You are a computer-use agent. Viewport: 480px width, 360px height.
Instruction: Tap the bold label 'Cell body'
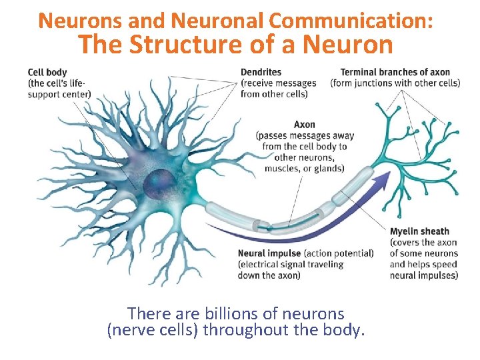click(47, 72)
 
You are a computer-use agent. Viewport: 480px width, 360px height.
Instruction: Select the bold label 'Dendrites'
click(261, 72)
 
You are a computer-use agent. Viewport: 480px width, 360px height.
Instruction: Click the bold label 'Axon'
click(304, 125)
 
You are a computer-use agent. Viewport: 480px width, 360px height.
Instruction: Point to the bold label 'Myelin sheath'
click(419, 232)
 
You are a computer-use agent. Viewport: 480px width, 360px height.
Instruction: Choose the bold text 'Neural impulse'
click(269, 253)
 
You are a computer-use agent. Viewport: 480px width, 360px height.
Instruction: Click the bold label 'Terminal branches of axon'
click(395, 72)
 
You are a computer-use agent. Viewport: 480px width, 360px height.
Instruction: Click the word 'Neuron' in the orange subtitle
click(347, 45)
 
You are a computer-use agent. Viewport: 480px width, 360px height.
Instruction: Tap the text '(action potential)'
click(339, 253)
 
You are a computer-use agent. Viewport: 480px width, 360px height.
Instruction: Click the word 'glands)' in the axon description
click(327, 168)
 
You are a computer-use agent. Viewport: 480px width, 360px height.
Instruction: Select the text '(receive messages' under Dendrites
click(279, 83)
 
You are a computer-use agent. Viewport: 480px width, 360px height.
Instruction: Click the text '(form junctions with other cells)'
click(395, 83)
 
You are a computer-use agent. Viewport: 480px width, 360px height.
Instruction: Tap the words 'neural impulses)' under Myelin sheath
click(424, 275)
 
